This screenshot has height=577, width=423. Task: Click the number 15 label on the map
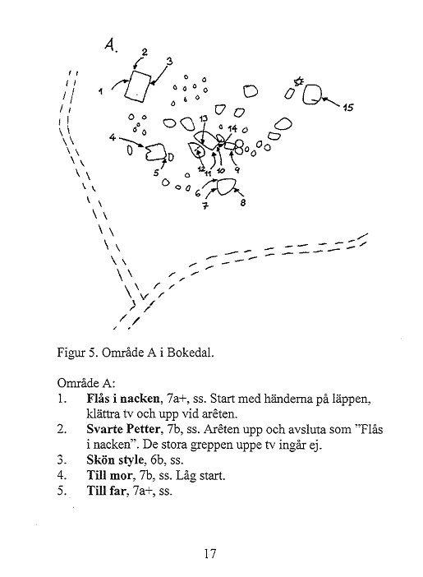point(348,107)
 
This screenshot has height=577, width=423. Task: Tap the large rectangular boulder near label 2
point(137,86)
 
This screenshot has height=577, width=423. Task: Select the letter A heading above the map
point(110,45)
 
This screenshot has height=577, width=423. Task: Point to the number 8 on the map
point(243,202)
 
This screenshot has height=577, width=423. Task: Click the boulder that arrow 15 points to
point(312,95)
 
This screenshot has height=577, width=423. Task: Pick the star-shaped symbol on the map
point(299,81)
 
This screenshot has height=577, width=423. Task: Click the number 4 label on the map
point(113,137)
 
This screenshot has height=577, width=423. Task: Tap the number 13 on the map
point(204,118)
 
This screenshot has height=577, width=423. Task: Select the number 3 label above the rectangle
point(169,62)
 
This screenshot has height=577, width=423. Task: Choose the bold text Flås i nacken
point(123,398)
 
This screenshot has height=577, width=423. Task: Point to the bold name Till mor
point(109,475)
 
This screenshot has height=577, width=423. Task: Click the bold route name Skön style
point(115,460)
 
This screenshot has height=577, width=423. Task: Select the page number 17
point(210,553)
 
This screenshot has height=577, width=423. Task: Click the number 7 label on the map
point(205,205)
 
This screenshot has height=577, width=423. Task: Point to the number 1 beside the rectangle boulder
point(101,91)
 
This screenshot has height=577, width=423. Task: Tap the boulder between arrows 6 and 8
point(226,187)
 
